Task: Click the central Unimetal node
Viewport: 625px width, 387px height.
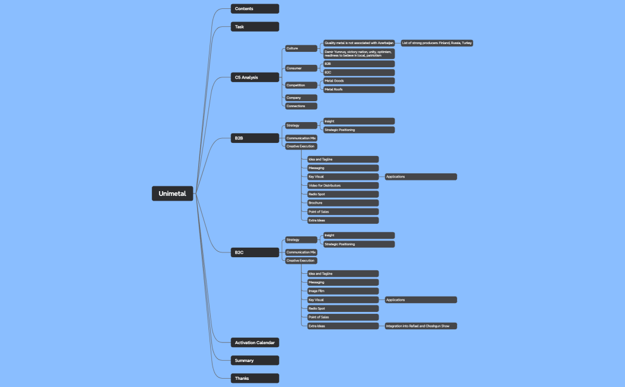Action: coord(172,193)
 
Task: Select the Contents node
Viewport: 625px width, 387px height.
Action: coord(255,8)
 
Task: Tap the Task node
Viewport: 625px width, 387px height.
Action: coord(255,27)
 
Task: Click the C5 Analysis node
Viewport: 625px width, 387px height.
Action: coord(255,77)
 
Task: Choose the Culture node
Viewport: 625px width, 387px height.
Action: coord(301,48)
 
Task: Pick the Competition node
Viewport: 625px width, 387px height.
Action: coord(301,85)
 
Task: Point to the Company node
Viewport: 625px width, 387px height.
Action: coord(301,98)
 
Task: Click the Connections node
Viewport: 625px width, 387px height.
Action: coord(301,106)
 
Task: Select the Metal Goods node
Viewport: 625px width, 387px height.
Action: coord(358,81)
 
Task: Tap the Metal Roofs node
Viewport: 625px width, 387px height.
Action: coord(358,89)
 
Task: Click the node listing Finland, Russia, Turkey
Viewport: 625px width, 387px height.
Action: coord(437,43)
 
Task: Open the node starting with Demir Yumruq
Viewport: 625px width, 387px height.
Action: coord(358,54)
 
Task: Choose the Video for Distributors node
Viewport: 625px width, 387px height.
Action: coord(342,186)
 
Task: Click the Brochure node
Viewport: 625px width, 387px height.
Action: coord(342,203)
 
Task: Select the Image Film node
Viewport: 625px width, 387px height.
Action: coord(342,291)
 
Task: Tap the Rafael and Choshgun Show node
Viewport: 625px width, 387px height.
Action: coord(420,326)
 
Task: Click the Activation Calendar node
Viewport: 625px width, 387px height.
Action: coord(255,342)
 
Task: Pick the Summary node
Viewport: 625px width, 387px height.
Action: coord(255,360)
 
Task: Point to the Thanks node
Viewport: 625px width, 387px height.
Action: coord(255,378)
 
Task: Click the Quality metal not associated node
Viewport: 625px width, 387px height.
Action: coord(358,43)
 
